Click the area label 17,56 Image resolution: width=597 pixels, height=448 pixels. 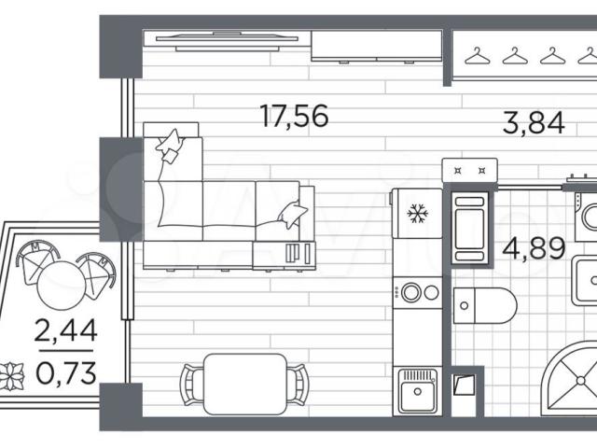[x=294, y=116]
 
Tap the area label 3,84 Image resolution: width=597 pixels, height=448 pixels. [x=533, y=123]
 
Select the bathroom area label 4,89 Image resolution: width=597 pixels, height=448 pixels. [x=534, y=248]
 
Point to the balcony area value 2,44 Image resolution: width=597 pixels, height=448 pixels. [x=66, y=330]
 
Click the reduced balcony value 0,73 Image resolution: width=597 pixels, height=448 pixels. [x=66, y=373]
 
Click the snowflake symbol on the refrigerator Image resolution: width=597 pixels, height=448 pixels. [x=418, y=214]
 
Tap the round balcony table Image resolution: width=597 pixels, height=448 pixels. [x=62, y=285]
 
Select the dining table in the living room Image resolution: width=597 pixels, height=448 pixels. [x=244, y=384]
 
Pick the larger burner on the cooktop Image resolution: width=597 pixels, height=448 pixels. [x=410, y=292]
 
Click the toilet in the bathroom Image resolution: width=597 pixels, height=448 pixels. [x=485, y=306]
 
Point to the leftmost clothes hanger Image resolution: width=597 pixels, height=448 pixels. [x=478, y=56]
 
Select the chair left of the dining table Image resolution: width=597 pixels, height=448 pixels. [x=191, y=385]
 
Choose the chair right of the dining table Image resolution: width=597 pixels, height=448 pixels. [x=297, y=385]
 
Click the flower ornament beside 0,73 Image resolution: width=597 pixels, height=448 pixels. [x=12, y=377]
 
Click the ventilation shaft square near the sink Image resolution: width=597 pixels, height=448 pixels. [x=465, y=385]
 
